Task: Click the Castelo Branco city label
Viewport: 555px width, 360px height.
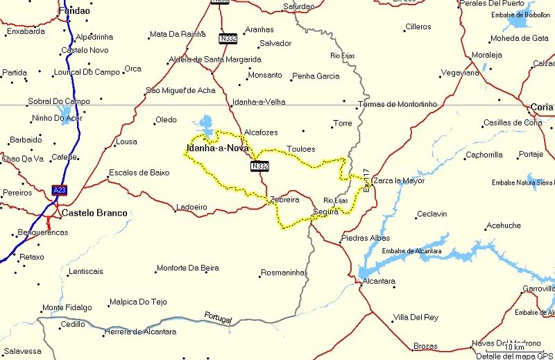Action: point(94,213)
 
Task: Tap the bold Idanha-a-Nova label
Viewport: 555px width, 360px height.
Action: point(217,148)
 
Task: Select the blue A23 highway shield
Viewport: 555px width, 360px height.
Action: point(60,189)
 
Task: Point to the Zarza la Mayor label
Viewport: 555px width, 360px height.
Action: point(398,181)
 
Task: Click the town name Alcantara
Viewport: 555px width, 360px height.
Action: point(379,281)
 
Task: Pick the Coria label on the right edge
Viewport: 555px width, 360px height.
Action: point(541,107)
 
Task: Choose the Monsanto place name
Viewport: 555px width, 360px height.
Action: point(266,75)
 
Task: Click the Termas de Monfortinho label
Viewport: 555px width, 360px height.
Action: point(397,104)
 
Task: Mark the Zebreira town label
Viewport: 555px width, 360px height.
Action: point(284,199)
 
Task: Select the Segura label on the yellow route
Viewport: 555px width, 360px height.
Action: point(325,212)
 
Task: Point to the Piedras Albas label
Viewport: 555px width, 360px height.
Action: point(366,238)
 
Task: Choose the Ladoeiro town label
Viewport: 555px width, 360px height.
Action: point(191,207)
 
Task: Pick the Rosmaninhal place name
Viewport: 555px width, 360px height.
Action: point(282,273)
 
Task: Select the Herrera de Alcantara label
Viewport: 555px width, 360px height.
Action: point(139,332)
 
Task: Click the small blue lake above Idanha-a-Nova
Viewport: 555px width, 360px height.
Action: point(205,125)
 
